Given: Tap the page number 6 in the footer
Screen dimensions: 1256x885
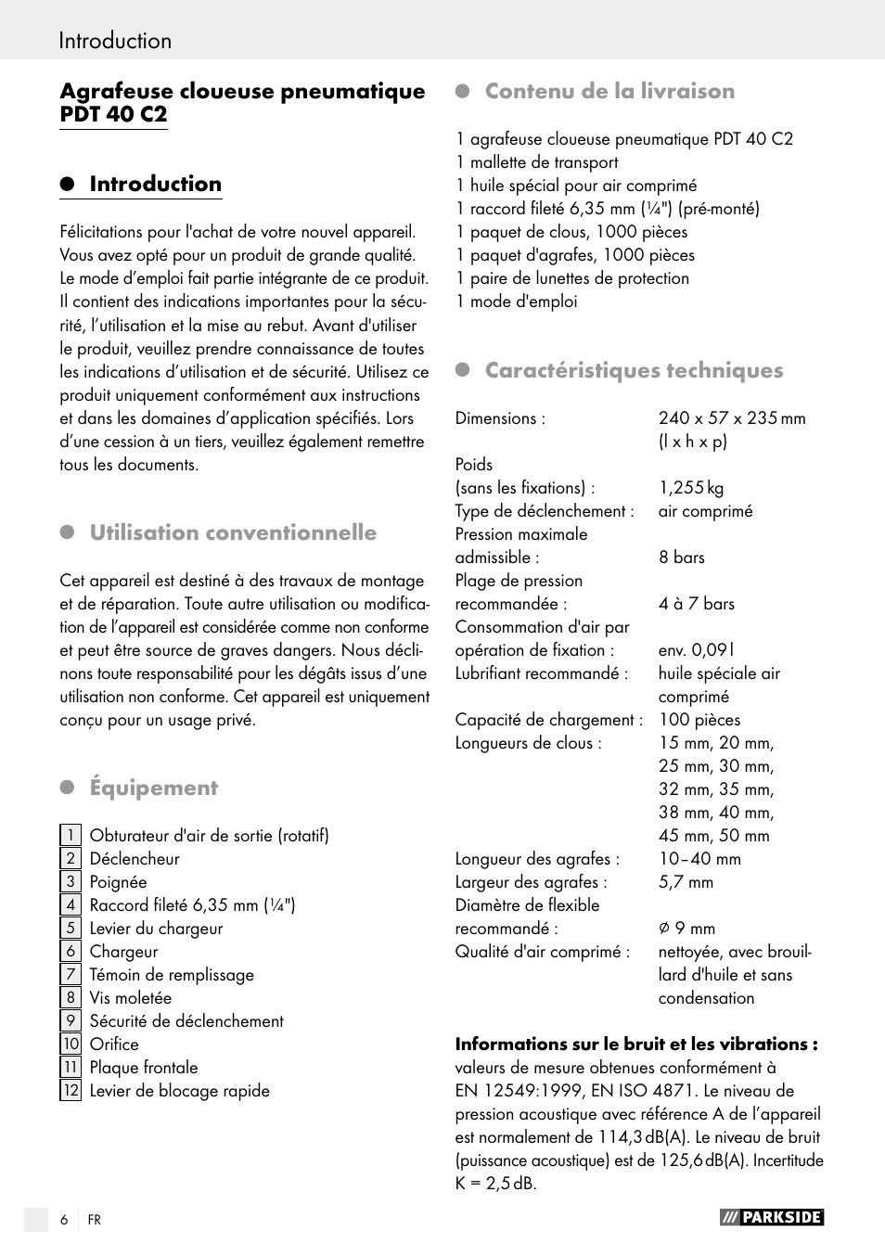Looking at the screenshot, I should (x=64, y=1220).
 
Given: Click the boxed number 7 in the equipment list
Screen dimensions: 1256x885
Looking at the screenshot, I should (x=70, y=974).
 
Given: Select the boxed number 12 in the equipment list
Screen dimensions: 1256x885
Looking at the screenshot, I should (x=71, y=1090).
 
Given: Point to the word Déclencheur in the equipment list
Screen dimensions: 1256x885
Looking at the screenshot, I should (x=135, y=859).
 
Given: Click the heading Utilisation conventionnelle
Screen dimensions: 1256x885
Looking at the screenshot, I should (x=233, y=532).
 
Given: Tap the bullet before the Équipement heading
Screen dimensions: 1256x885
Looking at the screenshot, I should (x=67, y=788).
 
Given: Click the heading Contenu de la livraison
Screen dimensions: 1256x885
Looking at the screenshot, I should (x=609, y=91).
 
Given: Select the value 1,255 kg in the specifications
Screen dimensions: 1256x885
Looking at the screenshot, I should (x=691, y=488).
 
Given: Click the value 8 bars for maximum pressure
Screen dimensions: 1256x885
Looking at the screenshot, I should (x=682, y=558).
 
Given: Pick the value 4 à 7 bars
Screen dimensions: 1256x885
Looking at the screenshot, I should (x=697, y=604).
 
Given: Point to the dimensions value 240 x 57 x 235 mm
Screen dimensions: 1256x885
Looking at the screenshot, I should (x=732, y=418).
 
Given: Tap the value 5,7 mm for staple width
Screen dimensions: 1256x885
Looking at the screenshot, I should (x=686, y=882).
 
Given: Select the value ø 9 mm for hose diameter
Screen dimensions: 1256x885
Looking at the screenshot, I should (x=686, y=929).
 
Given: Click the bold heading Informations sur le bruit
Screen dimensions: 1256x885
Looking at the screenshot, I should (x=635, y=1044).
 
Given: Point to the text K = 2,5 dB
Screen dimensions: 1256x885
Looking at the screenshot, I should (x=495, y=1184).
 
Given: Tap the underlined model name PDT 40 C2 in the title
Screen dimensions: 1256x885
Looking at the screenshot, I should (x=113, y=115).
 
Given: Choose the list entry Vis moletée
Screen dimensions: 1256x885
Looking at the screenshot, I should (x=131, y=998).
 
